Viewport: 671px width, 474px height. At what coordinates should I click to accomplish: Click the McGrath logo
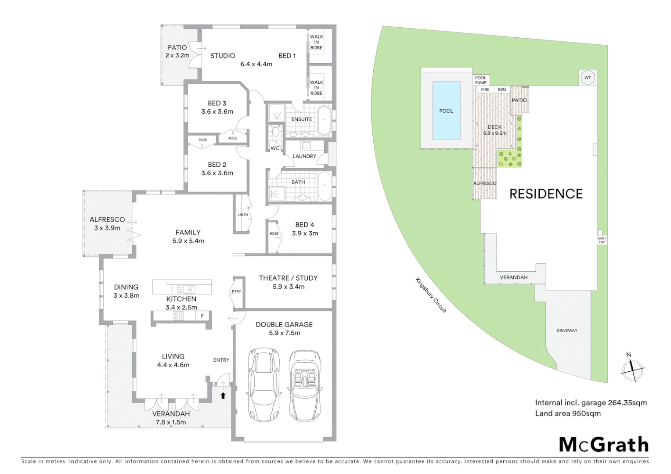(x=603, y=445)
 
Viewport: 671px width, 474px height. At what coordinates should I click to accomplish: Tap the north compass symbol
(x=632, y=369)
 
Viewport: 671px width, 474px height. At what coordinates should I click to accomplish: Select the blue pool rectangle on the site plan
(x=446, y=111)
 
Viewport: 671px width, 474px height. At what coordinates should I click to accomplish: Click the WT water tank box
(x=588, y=78)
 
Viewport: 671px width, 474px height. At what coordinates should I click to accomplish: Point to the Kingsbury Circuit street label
(x=431, y=295)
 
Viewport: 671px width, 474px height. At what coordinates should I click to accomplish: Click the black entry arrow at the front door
(x=223, y=395)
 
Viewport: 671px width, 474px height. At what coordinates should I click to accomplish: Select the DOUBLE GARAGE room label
(x=284, y=324)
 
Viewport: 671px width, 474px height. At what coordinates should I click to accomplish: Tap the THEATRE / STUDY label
(x=288, y=278)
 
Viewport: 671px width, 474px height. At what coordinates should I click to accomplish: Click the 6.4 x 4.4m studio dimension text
(x=256, y=64)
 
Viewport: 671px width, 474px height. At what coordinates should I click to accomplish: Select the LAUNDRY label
(x=304, y=156)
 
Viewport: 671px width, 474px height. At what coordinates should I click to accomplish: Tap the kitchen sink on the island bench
(x=186, y=289)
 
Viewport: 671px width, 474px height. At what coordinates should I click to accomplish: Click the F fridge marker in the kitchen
(x=202, y=316)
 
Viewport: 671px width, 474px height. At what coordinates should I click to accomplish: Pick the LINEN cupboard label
(x=243, y=215)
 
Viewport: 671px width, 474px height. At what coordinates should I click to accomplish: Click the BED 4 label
(x=305, y=225)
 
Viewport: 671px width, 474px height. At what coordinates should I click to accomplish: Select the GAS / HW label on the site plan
(x=601, y=240)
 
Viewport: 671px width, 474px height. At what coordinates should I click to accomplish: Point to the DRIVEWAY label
(x=567, y=330)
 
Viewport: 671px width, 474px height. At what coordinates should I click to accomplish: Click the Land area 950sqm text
(x=568, y=413)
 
